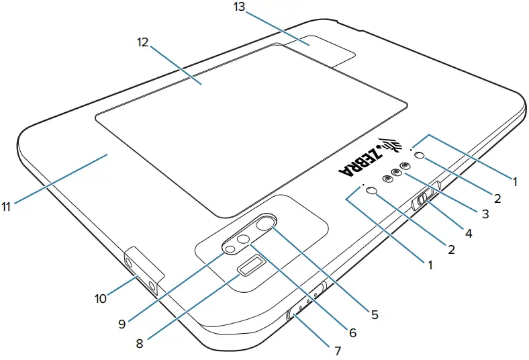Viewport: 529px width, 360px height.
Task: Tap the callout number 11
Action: pyautogui.click(x=7, y=207)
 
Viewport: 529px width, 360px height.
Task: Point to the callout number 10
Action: pyautogui.click(x=101, y=298)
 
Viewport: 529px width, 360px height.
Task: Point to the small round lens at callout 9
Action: pyautogui.click(x=230, y=249)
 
